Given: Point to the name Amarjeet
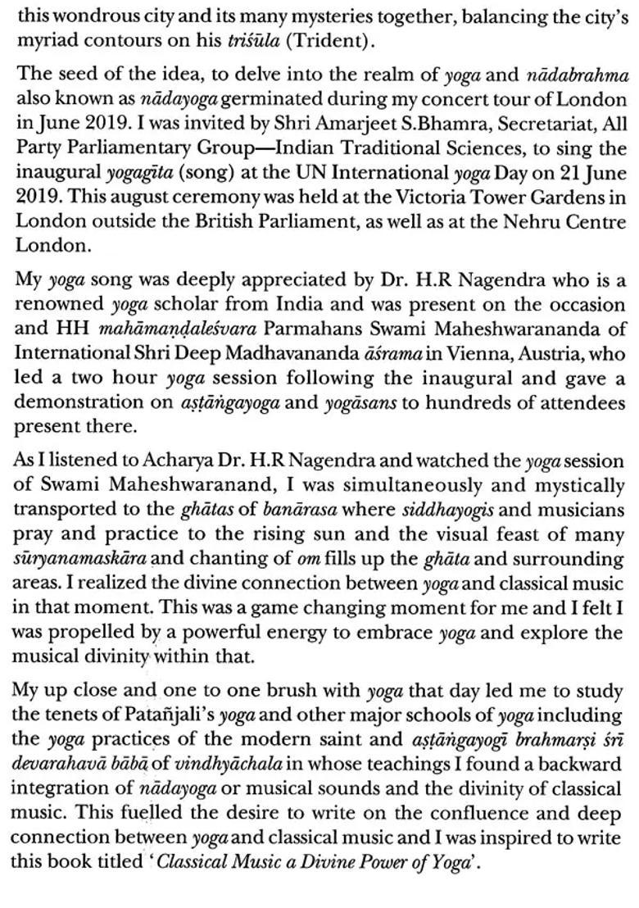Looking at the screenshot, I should pyautogui.click(x=327, y=118).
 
